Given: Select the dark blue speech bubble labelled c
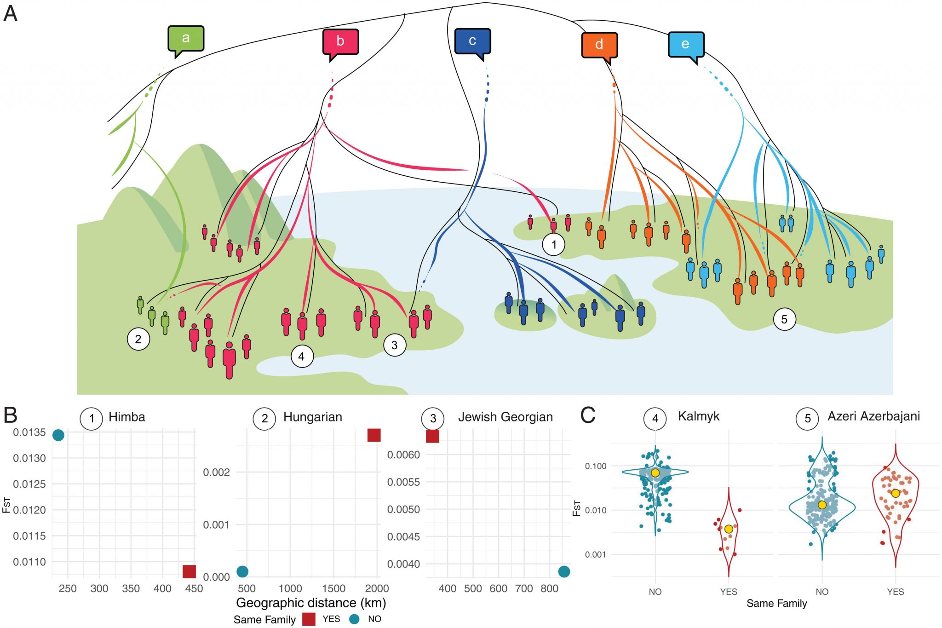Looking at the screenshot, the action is pos(472,42).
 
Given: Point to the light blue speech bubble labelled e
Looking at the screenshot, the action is pos(686,45).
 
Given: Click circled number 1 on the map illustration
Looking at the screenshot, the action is pos(554,244).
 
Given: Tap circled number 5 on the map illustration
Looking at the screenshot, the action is pos(784,319).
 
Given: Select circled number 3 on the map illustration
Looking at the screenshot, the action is pos(395,345).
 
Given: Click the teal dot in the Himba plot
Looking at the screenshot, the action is pos(58,435).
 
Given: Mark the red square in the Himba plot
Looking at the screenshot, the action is pos(189,571).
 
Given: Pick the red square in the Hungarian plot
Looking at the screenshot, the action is pos(374,435).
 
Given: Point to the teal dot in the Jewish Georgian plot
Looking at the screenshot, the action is pos(564,571).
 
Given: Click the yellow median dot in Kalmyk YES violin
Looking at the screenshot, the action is pos(729,529).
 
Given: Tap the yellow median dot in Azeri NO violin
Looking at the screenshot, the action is pos(822,505).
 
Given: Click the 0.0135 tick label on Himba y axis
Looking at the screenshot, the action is pos(29,432).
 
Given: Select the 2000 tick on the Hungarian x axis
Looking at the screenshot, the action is pos(377,588).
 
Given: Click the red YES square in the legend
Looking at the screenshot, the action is pos(309,619).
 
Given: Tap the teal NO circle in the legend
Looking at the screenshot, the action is pos(354,619).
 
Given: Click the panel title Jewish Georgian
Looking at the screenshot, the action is pos(505,417).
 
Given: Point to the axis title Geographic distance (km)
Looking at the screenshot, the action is pos(311,603).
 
